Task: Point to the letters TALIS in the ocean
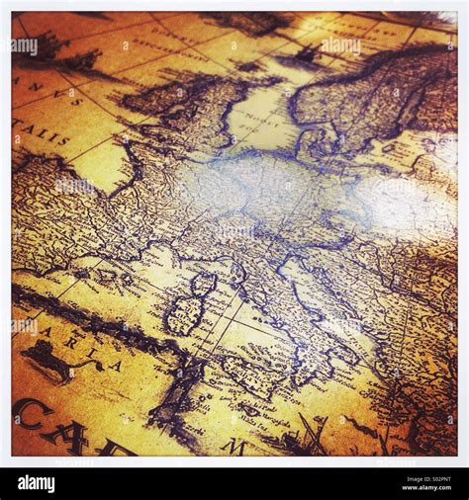(41, 132)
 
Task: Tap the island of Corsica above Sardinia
(203, 286)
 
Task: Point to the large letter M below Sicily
(234, 447)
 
